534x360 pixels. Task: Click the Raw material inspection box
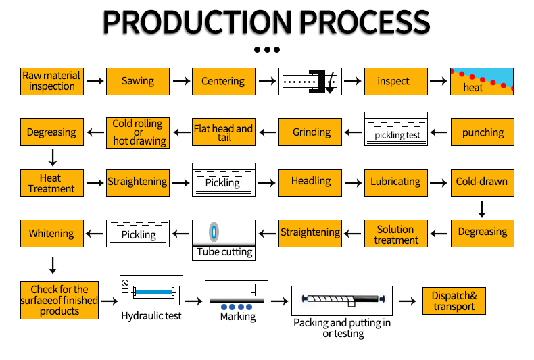pyautogui.click(x=52, y=81)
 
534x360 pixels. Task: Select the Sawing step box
pyautogui.click(x=138, y=81)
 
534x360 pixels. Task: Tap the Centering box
pyautogui.click(x=224, y=81)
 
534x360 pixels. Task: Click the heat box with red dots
pyautogui.click(x=481, y=81)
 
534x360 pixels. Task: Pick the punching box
pyautogui.click(x=482, y=132)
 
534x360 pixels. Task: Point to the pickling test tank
pyautogui.click(x=395, y=129)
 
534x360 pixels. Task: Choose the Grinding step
pyautogui.click(x=310, y=132)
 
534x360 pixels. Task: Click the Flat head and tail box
pyautogui.click(x=224, y=132)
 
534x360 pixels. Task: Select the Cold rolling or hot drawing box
pyautogui.click(x=138, y=132)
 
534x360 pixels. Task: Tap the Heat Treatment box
pyautogui.click(x=52, y=183)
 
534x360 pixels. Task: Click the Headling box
pyautogui.click(x=310, y=183)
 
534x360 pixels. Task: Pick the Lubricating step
pyautogui.click(x=395, y=183)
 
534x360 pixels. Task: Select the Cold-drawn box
pyautogui.click(x=482, y=183)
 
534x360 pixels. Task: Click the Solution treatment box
pyautogui.click(x=395, y=234)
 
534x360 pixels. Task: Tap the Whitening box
pyautogui.click(x=52, y=234)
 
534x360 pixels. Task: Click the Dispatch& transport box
pyautogui.click(x=454, y=301)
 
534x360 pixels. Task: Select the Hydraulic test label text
pyautogui.click(x=151, y=316)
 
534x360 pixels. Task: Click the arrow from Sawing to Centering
pyautogui.click(x=181, y=81)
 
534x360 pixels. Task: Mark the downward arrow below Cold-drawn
pyautogui.click(x=482, y=209)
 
